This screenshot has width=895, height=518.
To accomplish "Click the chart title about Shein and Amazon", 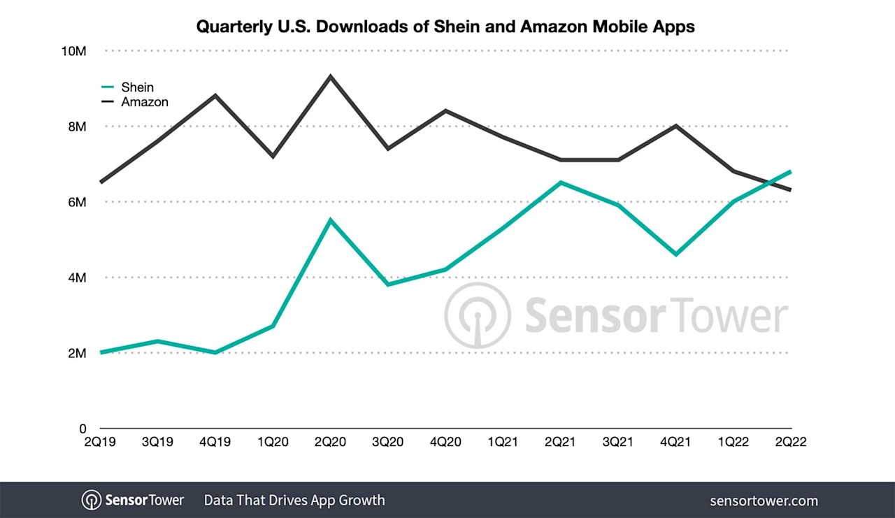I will coord(445,27).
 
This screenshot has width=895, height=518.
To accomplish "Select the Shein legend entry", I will coord(137,87).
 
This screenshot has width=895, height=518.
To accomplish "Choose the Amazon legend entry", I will coord(144,102).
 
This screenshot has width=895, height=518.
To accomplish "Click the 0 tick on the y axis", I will coord(81,429).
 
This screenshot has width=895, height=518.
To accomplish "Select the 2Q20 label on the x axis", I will coord(331,443).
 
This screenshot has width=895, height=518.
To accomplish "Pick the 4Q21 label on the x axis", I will coord(676,443).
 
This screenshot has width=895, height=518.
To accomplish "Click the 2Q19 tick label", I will coord(101,443).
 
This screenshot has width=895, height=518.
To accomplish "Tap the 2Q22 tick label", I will coord(791,443).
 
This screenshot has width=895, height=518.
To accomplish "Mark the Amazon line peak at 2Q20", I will coord(331,76).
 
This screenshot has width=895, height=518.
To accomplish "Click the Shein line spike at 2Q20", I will coord(331,220).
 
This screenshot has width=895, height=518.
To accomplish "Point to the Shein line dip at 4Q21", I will coord(676,254).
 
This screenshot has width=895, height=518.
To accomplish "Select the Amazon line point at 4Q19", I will coord(216,95).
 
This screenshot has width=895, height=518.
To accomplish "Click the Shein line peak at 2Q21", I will coord(561,182).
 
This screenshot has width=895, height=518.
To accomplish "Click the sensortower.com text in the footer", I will coord(764,501).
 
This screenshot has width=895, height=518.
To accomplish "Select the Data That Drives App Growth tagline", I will coord(294,501).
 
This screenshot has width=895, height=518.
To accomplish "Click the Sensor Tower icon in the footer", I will coord(92,501).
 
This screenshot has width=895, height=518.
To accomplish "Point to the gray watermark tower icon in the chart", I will coord(478,315).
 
